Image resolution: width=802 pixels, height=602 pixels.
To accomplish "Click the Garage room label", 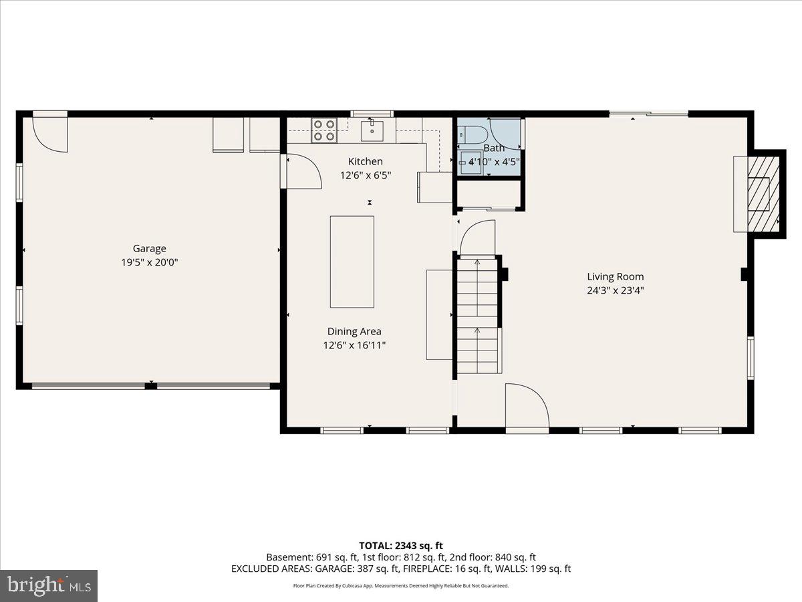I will [149, 248].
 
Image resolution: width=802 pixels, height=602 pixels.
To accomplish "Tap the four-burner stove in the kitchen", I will [325, 130].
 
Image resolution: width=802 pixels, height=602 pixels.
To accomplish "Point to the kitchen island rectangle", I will [352, 262].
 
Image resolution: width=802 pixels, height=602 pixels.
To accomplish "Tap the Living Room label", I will [615, 276].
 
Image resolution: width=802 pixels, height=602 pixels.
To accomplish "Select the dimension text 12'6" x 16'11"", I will [354, 346].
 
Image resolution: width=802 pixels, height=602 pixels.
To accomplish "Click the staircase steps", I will [478, 314].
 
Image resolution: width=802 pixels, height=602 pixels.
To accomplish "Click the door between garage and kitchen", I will [301, 171].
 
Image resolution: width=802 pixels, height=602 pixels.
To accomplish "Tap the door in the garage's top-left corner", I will [50, 131].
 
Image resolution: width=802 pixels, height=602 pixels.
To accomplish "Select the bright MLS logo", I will [49, 585].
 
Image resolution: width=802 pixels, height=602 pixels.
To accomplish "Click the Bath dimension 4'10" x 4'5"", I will [494, 162].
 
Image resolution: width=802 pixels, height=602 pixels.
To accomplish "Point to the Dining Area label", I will [354, 331].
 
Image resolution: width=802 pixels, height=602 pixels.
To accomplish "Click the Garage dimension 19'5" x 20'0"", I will [149, 263].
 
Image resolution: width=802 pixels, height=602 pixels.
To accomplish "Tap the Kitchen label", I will [366, 161].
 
